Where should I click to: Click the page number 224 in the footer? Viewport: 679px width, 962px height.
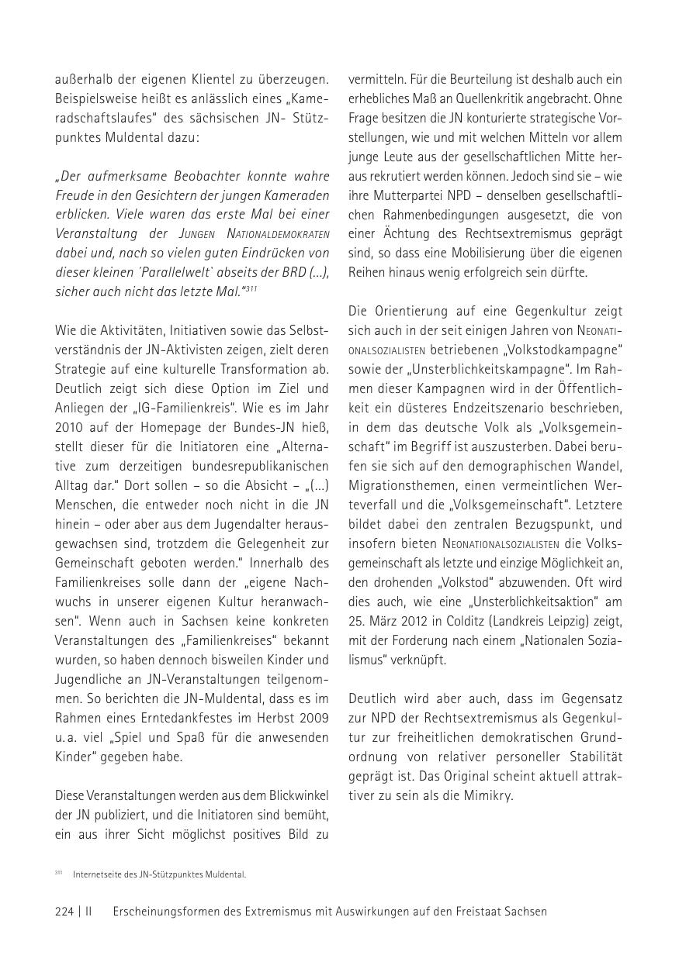pos(64,912)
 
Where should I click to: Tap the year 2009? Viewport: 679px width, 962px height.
pos(313,718)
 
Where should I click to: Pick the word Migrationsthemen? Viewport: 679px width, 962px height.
pos(402,485)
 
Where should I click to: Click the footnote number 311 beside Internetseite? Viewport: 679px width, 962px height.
pos(58,873)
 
